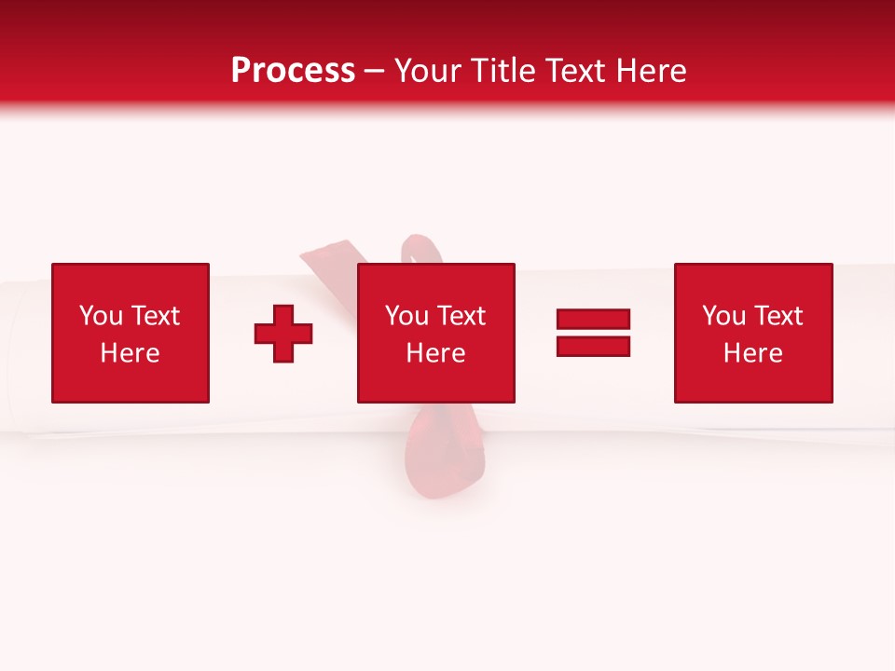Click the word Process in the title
(x=293, y=71)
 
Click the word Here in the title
(x=653, y=71)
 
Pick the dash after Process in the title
(x=375, y=72)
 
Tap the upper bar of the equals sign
(x=593, y=320)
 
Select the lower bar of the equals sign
(x=593, y=347)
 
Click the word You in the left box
(x=101, y=316)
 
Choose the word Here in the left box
(x=130, y=353)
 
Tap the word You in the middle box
(x=406, y=316)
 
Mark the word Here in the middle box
(x=435, y=353)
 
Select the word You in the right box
(x=723, y=316)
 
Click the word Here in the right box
(x=752, y=353)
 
